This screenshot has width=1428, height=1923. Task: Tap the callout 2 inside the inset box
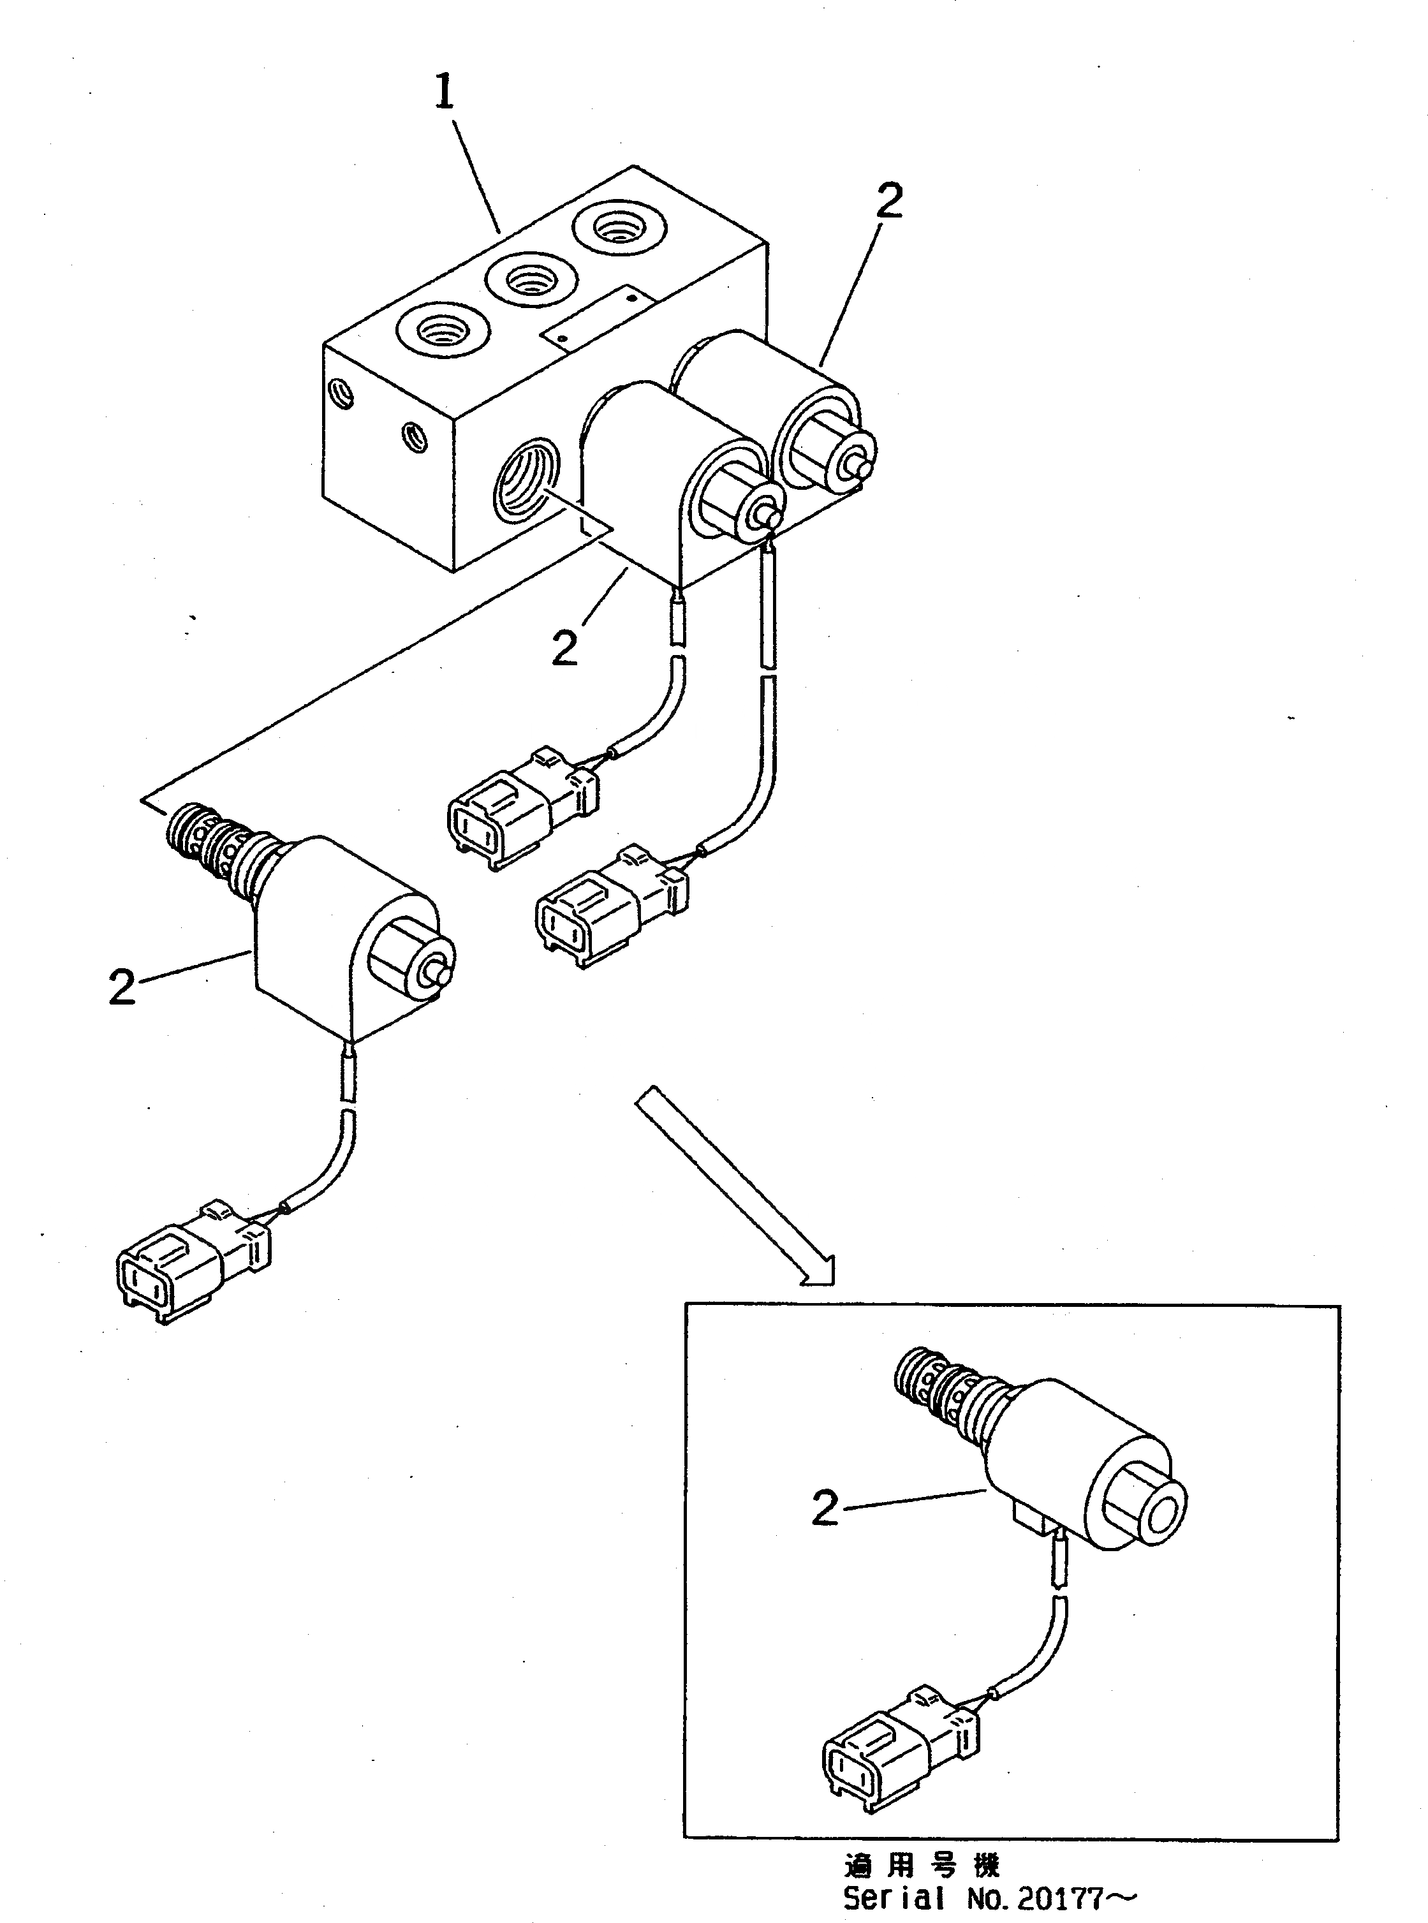coord(825,1508)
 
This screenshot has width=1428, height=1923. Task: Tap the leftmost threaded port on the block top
coord(443,331)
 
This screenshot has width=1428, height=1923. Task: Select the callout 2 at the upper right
coord(888,200)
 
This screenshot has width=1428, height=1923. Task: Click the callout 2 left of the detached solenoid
coord(122,986)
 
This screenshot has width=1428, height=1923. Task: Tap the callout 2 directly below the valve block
coord(564,647)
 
